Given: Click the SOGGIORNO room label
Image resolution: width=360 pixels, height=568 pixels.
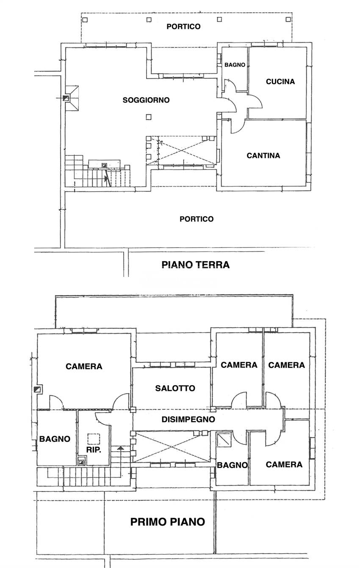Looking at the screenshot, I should point(146,100).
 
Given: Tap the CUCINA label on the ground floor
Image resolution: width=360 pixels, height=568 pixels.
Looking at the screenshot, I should point(280,82).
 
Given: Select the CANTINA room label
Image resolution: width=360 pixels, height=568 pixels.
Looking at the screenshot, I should point(263,155).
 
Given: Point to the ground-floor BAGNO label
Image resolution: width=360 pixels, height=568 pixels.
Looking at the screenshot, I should point(235,65).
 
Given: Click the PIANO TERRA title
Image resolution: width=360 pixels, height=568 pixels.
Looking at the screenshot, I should point(195,265).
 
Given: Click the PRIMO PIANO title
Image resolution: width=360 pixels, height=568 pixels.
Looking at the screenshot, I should point(167,522).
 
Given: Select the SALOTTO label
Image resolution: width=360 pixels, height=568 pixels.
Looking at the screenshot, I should point(175,388).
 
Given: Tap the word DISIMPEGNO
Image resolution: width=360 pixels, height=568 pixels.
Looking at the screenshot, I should point(188,419).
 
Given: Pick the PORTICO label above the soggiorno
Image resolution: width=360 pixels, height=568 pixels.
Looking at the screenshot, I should point(183,26).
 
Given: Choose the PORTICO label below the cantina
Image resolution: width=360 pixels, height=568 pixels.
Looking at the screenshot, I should point(196,219).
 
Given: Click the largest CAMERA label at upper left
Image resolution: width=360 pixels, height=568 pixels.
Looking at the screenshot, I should point(84,366).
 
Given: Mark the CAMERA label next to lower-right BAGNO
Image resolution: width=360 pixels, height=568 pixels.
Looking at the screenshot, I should point(284,464).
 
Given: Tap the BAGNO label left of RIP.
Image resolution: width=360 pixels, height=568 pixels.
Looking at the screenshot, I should point(55,439).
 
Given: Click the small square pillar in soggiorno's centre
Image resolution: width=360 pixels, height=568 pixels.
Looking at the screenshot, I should point(148,117).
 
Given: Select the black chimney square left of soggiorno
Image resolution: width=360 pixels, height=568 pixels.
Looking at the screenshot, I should point(65,98).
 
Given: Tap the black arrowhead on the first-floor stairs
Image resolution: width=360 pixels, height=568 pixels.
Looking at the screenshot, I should point(121,448).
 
